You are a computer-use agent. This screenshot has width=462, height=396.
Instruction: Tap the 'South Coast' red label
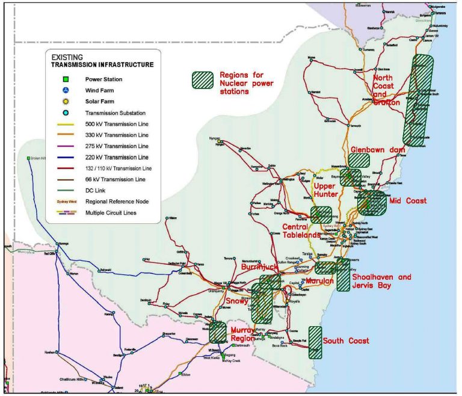coord(345,341)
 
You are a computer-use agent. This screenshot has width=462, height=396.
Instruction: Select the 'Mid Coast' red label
coord(408,200)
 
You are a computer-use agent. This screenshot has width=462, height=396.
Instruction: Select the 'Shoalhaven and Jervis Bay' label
coord(381,281)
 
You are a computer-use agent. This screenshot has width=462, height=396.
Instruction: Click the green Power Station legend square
coord(66,79)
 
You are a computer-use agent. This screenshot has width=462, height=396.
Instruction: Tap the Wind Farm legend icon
coord(66,90)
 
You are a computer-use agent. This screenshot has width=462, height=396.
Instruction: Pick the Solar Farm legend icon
coord(66,101)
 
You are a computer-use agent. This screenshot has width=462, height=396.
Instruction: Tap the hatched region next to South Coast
coord(315,342)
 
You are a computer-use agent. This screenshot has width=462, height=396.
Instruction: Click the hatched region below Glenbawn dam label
coord(360,160)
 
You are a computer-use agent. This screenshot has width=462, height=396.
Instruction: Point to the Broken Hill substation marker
coord(28,158)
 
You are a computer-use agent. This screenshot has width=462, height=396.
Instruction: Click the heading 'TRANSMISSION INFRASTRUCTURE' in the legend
coord(102,64)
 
